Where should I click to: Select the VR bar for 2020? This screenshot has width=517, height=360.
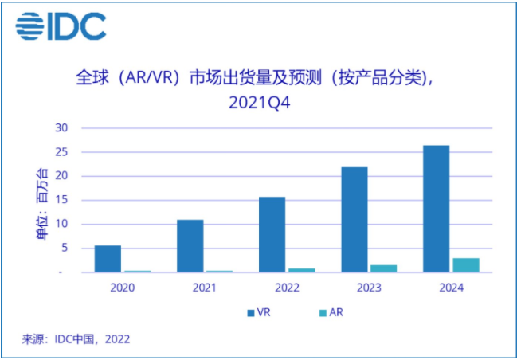tap(108, 259)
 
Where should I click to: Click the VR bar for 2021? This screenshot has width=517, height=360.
tap(190, 246)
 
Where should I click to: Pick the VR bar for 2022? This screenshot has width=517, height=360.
tap(272, 235)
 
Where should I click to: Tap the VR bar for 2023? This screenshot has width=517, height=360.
tap(354, 220)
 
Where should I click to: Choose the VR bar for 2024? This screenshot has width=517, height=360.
tap(436, 209)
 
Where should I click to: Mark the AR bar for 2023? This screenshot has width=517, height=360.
tap(383, 268)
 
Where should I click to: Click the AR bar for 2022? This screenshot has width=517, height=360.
tap(301, 270)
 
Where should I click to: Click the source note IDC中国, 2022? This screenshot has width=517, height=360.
tap(92, 338)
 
